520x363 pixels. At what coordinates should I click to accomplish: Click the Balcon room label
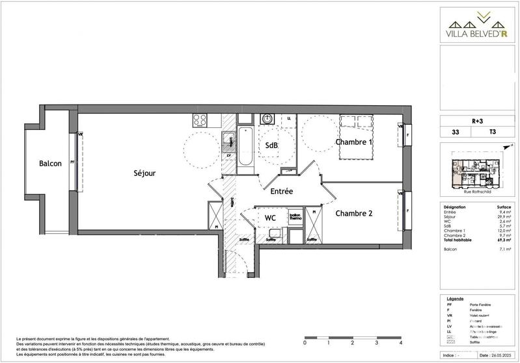click(49, 164)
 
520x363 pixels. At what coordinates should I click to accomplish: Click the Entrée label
click(282, 192)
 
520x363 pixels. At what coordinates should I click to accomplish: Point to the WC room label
click(272, 218)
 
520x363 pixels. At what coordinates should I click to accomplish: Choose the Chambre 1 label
click(354, 142)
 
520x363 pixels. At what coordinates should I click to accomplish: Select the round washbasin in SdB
click(266, 119)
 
